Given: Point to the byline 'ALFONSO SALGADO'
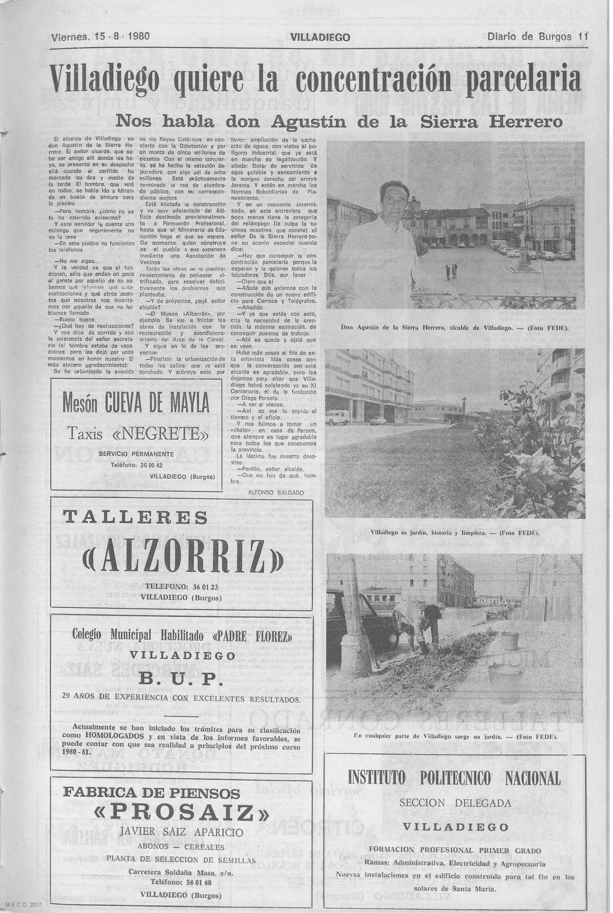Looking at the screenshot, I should point(276,493).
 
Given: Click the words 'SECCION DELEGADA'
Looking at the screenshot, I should point(455,792).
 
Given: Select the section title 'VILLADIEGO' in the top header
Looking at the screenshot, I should point(320,37).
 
